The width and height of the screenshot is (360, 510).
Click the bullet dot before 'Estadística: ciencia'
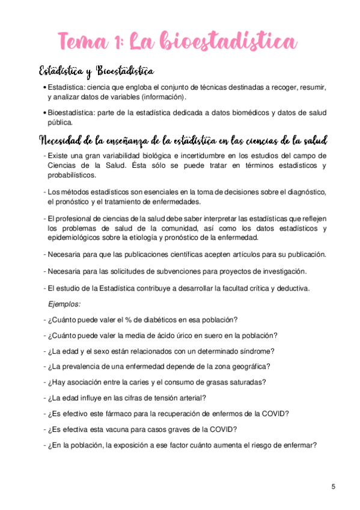(x=46, y=88)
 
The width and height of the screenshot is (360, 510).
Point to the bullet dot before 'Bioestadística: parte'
(x=46, y=112)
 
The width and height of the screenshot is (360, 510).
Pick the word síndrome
(x=257, y=351)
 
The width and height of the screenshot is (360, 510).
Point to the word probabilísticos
(x=72, y=175)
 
